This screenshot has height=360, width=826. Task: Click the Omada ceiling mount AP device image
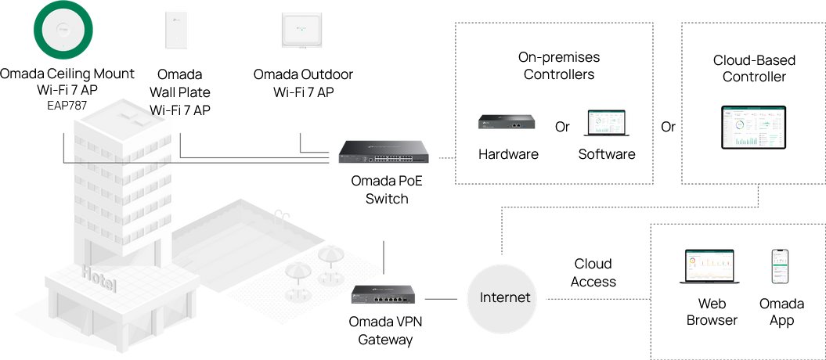point(65,31)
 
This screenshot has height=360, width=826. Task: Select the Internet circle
point(505,297)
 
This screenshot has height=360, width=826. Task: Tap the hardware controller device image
point(507,122)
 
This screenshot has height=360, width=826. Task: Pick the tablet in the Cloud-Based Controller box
point(754,128)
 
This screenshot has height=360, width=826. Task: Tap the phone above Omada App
point(781,268)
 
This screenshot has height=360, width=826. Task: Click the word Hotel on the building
point(98,277)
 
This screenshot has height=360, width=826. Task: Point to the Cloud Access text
point(593,272)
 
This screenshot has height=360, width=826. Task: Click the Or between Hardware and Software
point(562,127)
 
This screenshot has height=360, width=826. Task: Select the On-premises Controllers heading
point(559,66)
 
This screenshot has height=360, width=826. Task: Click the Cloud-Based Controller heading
point(754,68)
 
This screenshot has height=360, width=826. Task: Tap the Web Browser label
point(712,311)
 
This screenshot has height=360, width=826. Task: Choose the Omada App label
point(781,311)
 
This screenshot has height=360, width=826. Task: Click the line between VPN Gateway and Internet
point(441,298)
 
